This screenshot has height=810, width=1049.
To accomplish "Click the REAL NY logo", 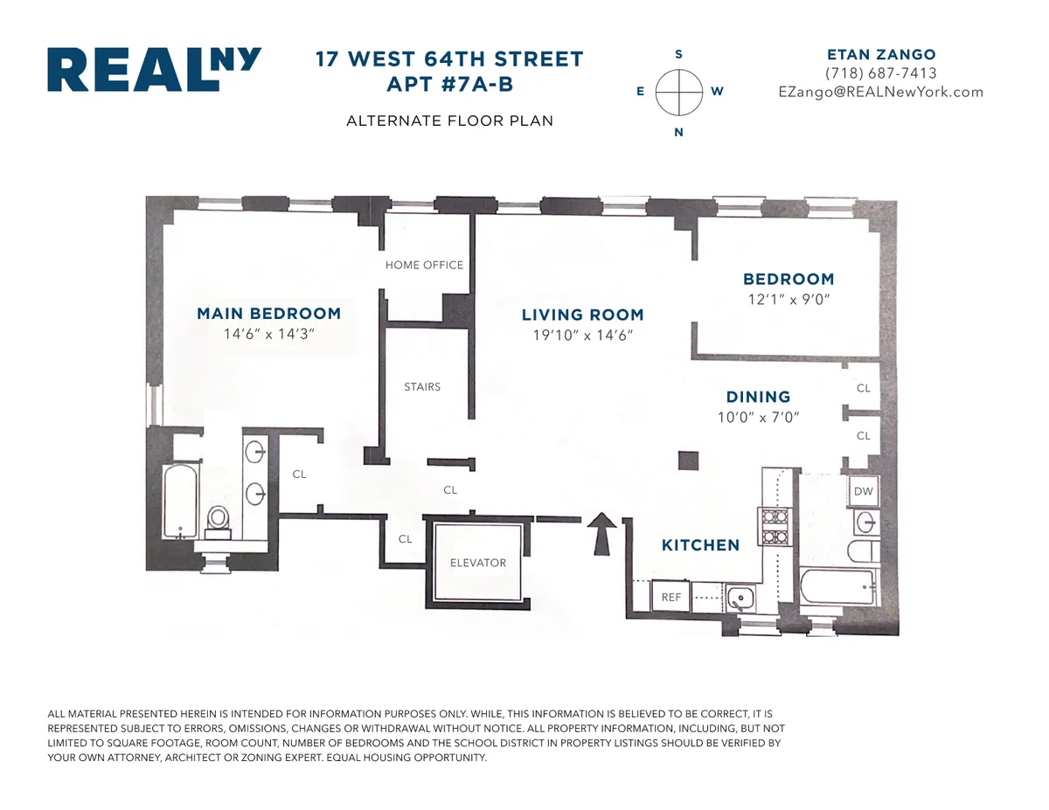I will tap(154, 70).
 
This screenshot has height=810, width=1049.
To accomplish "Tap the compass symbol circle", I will tap(679, 92).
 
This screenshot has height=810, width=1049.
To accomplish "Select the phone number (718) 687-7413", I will tap(880, 73).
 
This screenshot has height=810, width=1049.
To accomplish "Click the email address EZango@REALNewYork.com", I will tap(880, 92).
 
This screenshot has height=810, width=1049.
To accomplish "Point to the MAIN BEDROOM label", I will tap(268, 314).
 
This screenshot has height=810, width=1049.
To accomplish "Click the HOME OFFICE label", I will tap(425, 265).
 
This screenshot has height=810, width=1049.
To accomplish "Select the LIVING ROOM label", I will tap(582, 315).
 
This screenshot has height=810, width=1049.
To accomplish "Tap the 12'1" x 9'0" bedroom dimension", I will tap(788, 299).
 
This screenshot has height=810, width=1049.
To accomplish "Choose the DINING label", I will tap(758, 397).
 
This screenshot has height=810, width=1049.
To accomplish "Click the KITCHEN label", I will tap(700, 545).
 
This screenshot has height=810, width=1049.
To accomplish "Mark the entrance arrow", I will tap(601, 534).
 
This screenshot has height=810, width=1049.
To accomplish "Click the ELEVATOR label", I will tap(478, 563).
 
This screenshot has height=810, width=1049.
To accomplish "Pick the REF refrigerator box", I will tap(671, 598).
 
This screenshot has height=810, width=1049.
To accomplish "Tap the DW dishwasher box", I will tap(863, 492).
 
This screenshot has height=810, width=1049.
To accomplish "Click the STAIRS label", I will tap(422, 386).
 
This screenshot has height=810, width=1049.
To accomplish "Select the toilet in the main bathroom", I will tap(217, 520).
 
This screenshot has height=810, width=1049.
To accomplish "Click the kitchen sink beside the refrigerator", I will tap(740, 599).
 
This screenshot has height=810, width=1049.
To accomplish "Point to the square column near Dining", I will tap(689, 460).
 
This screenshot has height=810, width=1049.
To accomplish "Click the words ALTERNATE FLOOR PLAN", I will tap(449, 121).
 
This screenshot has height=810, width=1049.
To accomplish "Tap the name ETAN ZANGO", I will tap(880, 54).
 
